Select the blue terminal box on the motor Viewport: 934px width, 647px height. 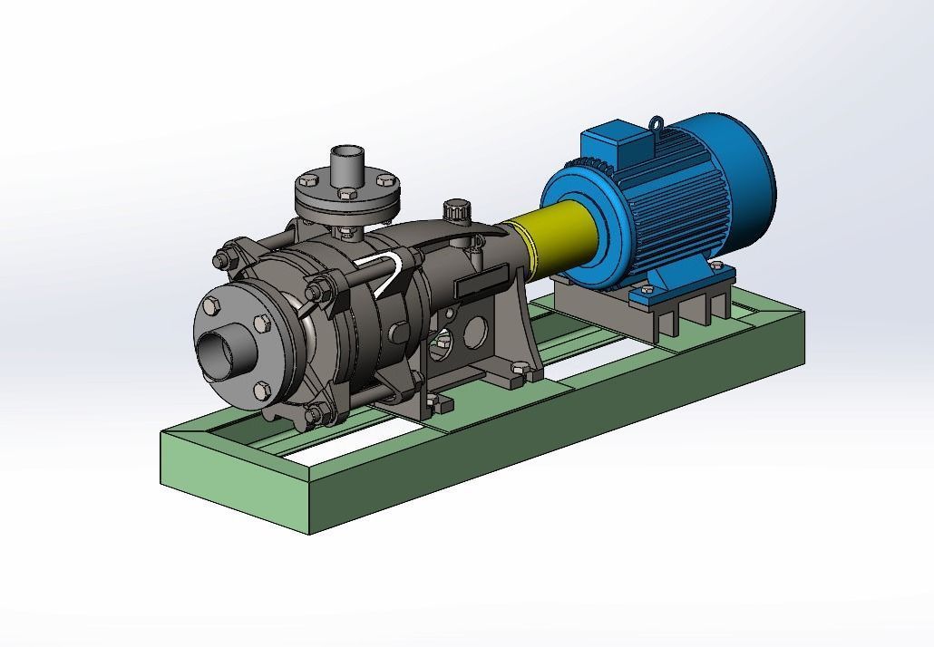[617, 145]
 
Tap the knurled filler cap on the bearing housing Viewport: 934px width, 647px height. [455, 209]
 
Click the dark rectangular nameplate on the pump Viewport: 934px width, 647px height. [480, 281]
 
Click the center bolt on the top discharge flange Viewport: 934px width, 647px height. [347, 193]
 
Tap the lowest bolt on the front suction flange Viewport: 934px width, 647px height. [261, 390]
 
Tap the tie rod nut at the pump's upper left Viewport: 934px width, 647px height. [219, 261]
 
